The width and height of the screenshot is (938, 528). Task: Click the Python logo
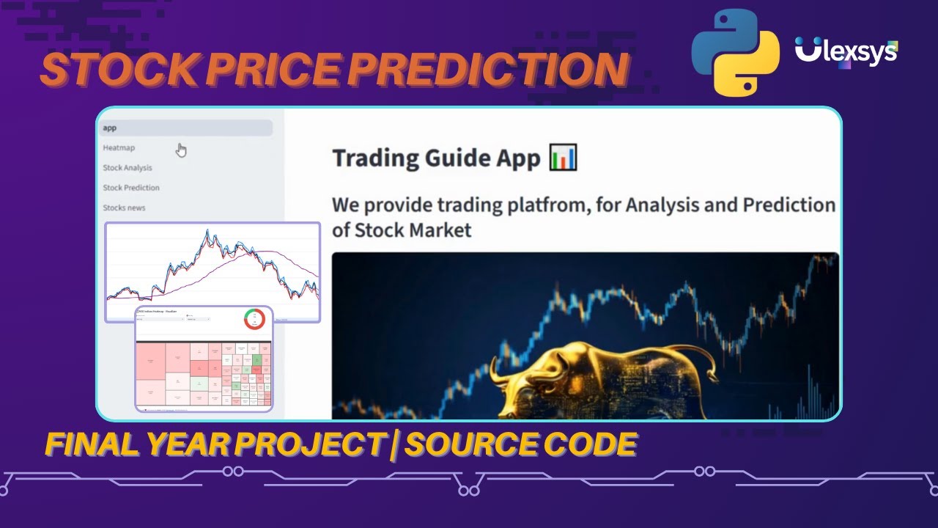pyautogui.click(x=735, y=52)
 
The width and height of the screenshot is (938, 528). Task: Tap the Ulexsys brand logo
pyautogui.click(x=846, y=52)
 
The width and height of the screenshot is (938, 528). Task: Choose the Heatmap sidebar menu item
pyautogui.click(x=119, y=147)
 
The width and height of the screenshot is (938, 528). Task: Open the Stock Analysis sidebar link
pyautogui.click(x=128, y=168)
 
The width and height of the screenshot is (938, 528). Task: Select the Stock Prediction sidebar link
pyautogui.click(x=131, y=188)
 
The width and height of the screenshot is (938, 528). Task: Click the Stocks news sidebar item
pyautogui.click(x=124, y=208)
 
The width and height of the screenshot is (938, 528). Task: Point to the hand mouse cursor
pyautogui.click(x=181, y=150)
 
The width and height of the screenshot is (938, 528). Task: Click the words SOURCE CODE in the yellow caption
pyautogui.click(x=520, y=444)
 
